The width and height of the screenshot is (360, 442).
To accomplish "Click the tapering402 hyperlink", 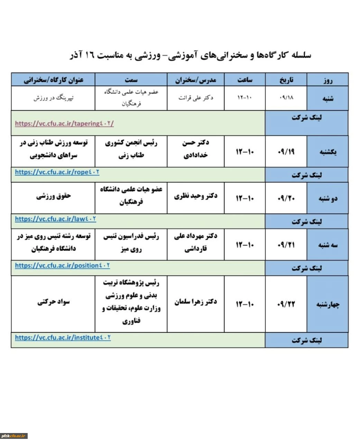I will tap(64, 123).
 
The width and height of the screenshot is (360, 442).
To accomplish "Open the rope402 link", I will tap(57, 172).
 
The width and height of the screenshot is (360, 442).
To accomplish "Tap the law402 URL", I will tap(55, 219).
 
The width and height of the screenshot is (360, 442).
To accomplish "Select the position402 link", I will tap(62, 265).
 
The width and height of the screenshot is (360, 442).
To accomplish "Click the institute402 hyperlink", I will tap(63, 337).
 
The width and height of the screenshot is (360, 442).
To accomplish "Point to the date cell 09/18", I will tap(286, 98).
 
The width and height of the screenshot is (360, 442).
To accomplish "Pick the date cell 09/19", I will tap(286, 151).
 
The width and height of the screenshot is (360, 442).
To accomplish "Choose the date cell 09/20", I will tap(286, 198).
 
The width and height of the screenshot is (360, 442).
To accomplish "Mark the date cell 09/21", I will tap(286, 245).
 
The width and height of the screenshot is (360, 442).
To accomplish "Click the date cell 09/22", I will tap(286, 304).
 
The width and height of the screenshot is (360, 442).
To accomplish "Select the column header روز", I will tap(327, 80).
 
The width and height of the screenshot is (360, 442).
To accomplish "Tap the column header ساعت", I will tap(245, 80).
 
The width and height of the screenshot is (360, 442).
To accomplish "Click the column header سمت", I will tap(131, 80).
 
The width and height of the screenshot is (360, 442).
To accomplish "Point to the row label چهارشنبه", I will tap(327, 304).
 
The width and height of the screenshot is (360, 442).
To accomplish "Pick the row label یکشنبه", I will tap(327, 151).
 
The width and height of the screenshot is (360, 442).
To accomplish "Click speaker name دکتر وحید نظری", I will tap(196, 196).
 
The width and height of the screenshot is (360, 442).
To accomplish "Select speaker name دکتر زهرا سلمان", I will tap(196, 302).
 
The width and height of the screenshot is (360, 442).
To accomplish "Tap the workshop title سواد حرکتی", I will tap(53, 302).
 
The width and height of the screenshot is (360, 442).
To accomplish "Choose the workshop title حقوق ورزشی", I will tap(53, 196).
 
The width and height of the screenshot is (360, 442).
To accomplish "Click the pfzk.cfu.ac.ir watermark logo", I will tap(14, 436).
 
